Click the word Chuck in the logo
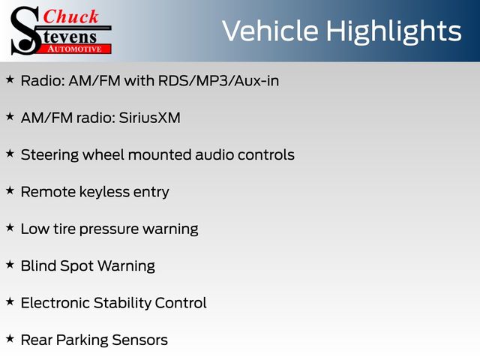tap(70, 16)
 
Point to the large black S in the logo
tap(25, 31)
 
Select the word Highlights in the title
tap(393, 32)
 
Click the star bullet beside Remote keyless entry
tap(10, 190)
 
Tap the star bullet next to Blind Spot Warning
tap(10, 265)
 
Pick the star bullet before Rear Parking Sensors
tap(10, 338)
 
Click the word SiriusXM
tap(150, 118)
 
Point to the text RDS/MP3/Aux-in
tap(218, 81)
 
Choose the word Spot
tap(77, 266)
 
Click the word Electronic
tap(55, 303)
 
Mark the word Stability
tap(122, 303)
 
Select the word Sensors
tap(139, 340)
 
